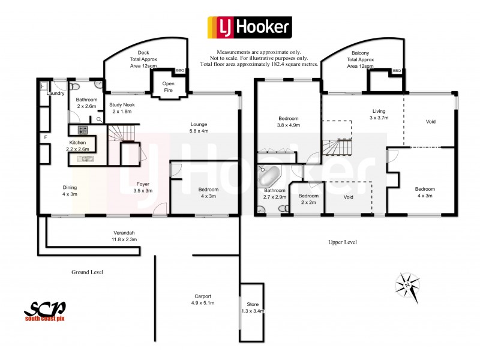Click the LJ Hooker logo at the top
(249, 26)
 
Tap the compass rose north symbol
(408, 283)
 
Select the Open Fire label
(169, 87)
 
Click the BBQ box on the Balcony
(396, 71)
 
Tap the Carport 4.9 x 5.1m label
(202, 299)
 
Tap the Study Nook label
(122, 108)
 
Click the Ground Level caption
(87, 272)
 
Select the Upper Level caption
(343, 242)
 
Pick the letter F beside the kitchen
(45, 138)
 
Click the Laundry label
(56, 93)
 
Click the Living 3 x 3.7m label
(379, 115)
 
